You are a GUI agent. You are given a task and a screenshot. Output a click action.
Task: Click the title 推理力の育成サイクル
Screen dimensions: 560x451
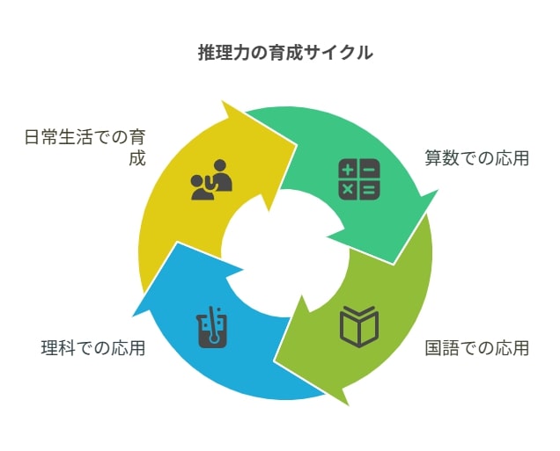pos(285,53)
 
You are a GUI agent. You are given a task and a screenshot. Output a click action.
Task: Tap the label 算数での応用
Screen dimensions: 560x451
pos(476,158)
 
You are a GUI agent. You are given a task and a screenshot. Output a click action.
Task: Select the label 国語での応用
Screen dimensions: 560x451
pos(476,348)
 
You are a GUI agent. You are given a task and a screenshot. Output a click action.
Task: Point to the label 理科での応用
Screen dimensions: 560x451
pos(93,348)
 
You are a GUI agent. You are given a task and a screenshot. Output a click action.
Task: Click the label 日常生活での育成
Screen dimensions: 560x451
pos(85,148)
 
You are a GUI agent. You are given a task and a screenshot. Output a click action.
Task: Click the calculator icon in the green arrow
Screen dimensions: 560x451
pos(359,179)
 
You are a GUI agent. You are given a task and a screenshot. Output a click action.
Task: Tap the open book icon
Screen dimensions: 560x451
pos(359,326)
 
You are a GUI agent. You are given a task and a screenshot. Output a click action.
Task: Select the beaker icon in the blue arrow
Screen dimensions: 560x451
pos(212,327)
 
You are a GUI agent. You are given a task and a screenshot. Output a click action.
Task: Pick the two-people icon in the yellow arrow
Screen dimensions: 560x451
pos(212,179)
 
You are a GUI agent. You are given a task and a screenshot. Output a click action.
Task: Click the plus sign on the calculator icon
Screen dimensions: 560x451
pos(348,169)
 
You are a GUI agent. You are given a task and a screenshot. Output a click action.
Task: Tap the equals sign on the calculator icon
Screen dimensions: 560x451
pos(370,190)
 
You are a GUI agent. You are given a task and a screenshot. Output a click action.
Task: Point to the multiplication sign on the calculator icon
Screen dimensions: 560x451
pos(348,190)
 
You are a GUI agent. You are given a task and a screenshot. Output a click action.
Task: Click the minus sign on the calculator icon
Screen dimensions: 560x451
pos(370,169)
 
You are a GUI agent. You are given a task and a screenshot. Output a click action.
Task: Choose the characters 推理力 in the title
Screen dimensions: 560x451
pos(224,53)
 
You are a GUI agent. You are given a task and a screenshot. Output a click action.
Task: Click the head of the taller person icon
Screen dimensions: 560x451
pos(220,164)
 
